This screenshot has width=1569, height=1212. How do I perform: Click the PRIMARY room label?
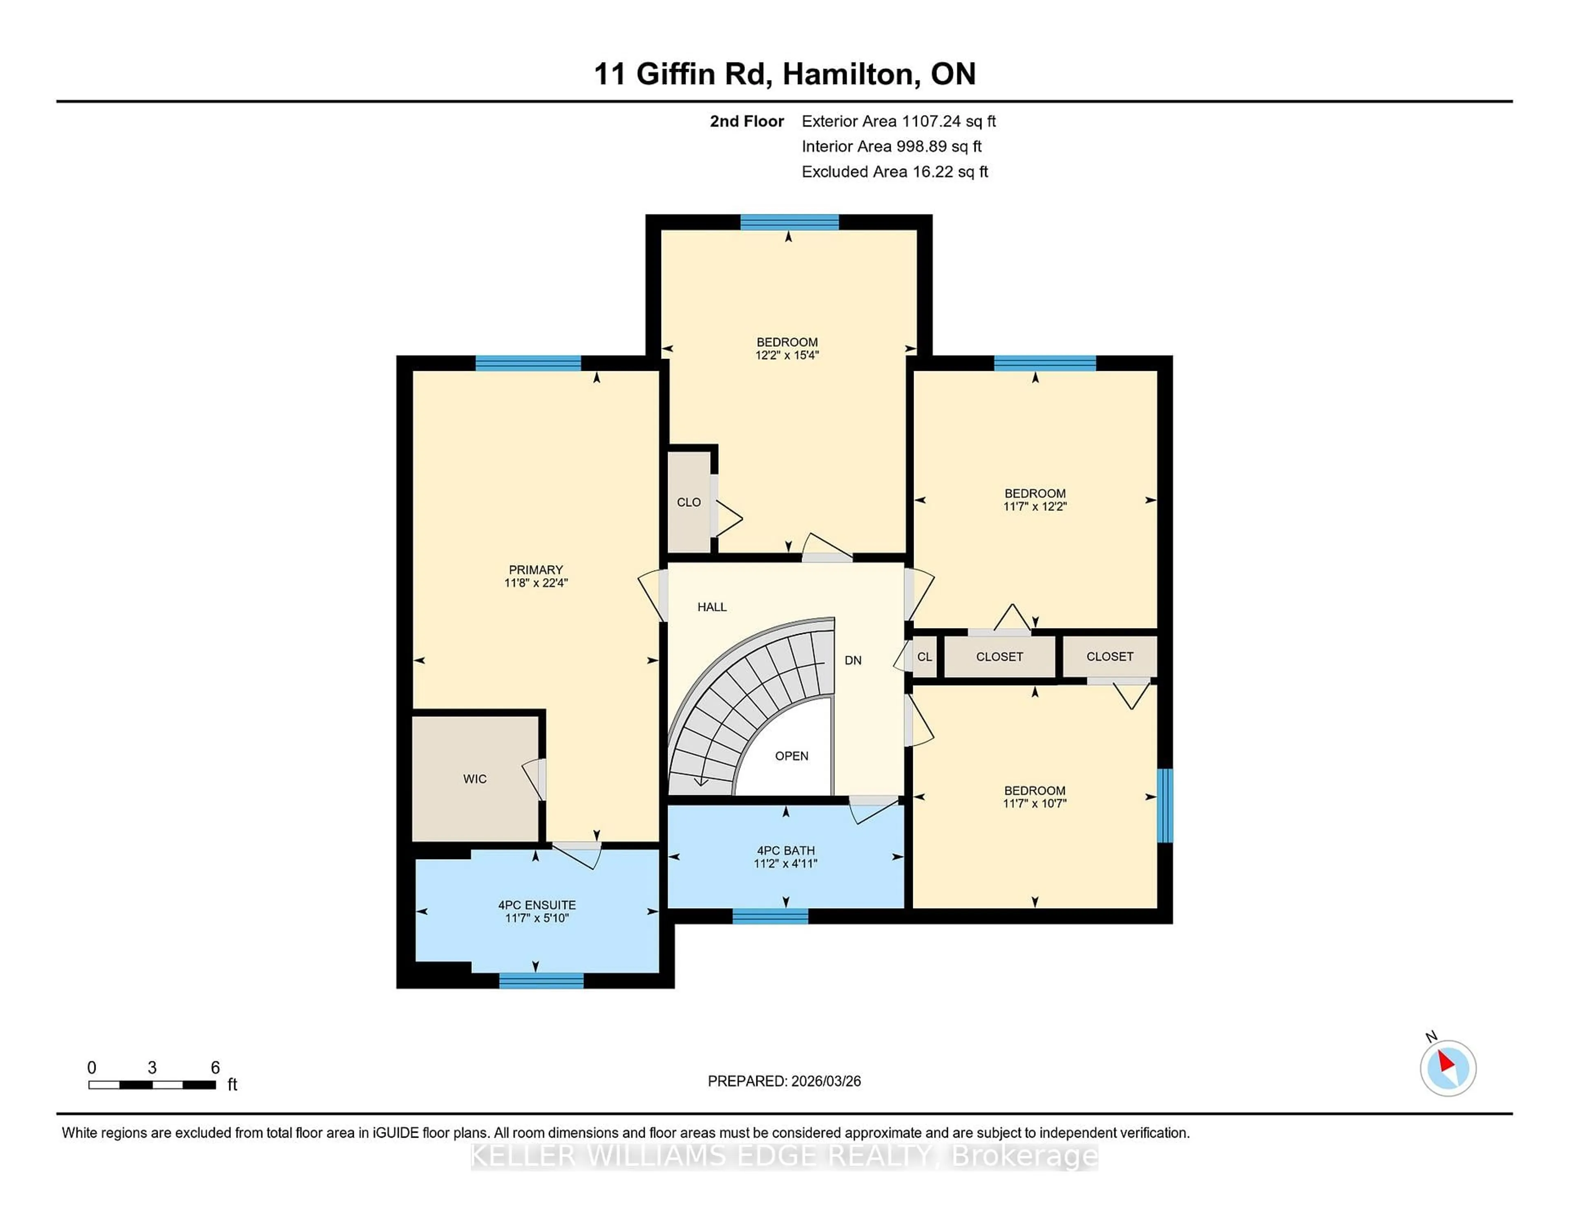point(535,569)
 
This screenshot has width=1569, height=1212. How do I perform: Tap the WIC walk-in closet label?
point(475,778)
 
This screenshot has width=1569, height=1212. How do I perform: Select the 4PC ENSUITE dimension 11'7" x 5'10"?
point(536,918)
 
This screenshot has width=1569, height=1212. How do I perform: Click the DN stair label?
point(853,660)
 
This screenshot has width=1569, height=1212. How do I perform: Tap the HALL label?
point(711,607)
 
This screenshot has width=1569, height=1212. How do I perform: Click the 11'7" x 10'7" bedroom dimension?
point(1035,804)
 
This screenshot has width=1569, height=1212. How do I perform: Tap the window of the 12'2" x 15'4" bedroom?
point(789,222)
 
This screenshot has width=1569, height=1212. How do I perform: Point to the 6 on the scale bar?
point(215,1068)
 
